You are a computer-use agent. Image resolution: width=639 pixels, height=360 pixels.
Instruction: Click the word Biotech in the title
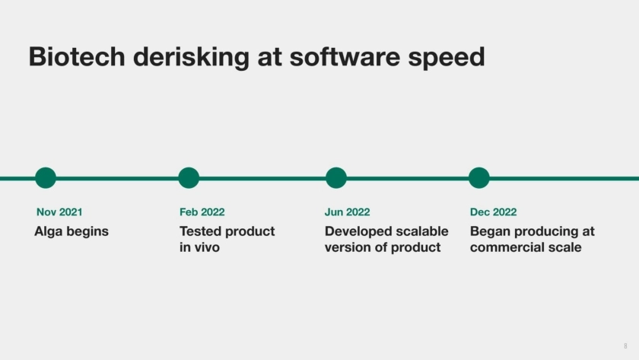(77, 56)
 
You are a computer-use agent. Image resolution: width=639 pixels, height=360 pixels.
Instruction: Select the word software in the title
(345, 56)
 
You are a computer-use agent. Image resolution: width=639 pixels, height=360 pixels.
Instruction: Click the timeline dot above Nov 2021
(46, 178)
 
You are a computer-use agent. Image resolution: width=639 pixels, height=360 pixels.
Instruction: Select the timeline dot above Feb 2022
(189, 178)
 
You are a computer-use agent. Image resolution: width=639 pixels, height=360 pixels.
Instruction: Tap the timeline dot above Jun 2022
(336, 178)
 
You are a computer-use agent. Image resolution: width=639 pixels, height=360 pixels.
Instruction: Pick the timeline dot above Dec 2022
(478, 178)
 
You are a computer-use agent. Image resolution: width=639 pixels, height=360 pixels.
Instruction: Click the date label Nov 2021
(59, 212)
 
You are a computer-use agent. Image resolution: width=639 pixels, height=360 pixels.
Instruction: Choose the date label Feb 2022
(202, 212)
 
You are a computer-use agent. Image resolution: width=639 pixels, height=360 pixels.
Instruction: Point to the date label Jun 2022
(347, 212)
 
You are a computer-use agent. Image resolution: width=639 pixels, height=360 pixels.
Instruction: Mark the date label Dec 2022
(493, 212)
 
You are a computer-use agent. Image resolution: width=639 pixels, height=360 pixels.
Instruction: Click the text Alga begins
(72, 231)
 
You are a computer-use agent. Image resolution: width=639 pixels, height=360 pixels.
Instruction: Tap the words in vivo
(199, 247)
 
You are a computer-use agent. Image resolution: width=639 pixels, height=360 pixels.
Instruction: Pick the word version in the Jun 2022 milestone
(347, 247)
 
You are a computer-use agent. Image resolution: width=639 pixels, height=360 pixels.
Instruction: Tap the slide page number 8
(625, 346)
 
